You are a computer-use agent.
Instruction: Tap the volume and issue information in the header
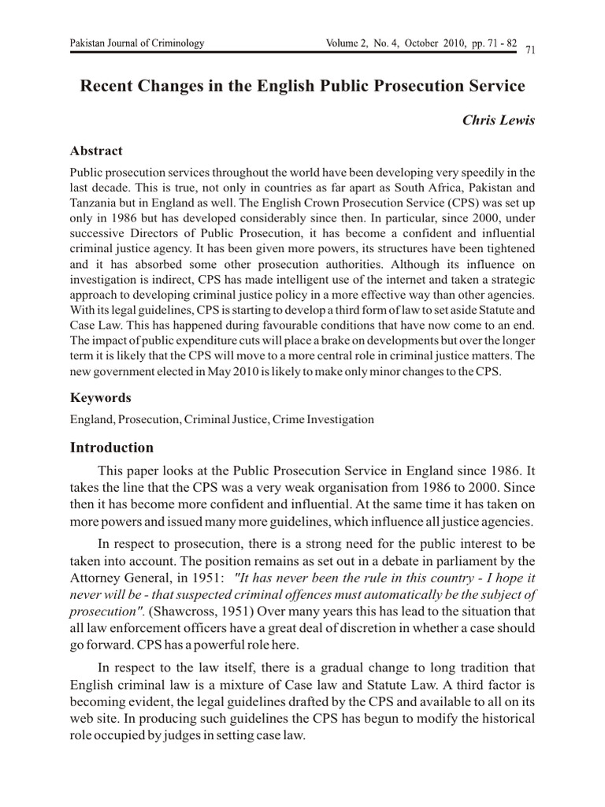(421, 43)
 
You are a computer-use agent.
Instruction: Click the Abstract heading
(96, 151)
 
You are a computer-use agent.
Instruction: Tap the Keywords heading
(101, 398)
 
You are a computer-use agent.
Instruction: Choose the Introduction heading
(112, 448)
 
